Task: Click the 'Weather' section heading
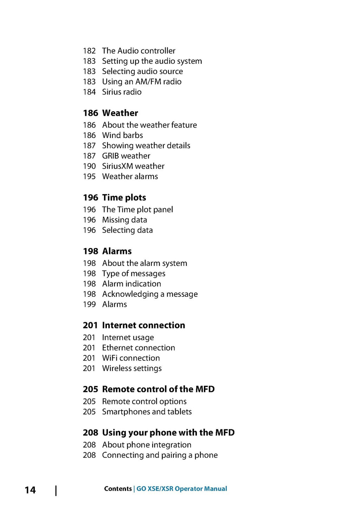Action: [120, 113]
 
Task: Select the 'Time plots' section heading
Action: [124, 198]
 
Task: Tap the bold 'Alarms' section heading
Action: [117, 251]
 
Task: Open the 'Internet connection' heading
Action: [143, 325]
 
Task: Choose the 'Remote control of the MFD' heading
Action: [158, 389]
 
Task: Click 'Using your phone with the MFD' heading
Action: [168, 432]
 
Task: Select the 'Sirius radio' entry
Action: [122, 92]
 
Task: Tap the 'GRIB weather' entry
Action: [126, 156]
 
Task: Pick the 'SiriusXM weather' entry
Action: [133, 166]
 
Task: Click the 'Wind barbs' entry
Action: [122, 135]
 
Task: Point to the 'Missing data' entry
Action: [124, 220]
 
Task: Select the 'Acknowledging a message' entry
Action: [150, 294]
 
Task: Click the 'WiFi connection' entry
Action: [131, 358]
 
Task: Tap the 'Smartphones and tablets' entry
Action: [147, 412]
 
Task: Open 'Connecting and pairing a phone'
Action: [160, 455]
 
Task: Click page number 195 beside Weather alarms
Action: [89, 176]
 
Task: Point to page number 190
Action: [89, 166]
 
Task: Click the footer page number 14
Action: [30, 490]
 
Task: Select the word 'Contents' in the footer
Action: [118, 489]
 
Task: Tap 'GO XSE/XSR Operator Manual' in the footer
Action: [181, 489]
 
